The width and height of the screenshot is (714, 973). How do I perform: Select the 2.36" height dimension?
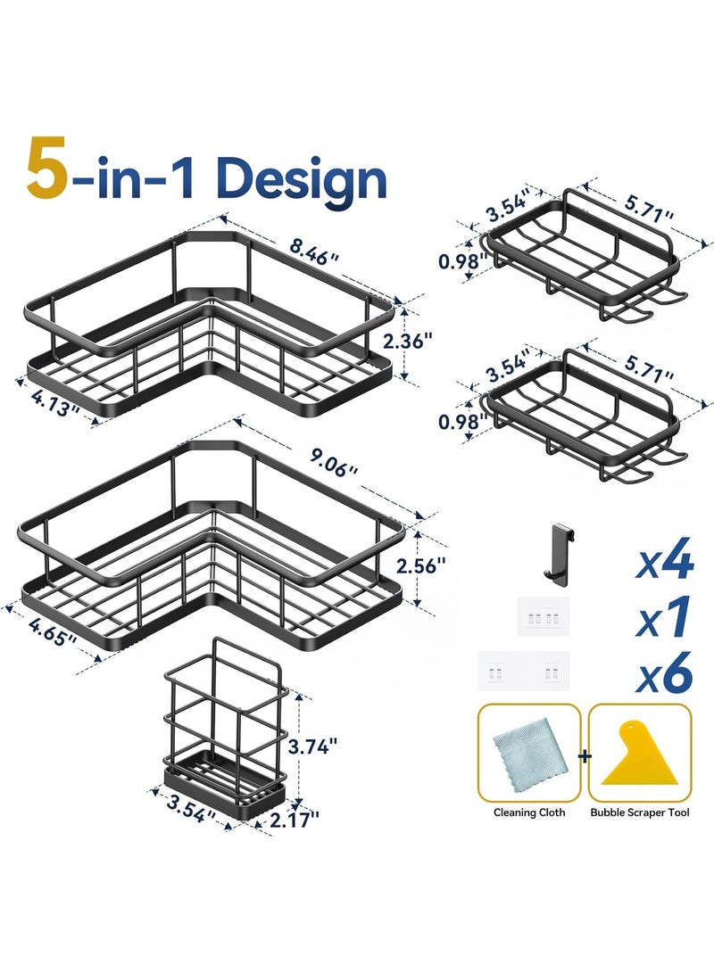435,340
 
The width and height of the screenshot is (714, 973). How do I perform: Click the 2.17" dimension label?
294,817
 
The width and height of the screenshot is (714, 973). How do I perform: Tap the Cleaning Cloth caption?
529,812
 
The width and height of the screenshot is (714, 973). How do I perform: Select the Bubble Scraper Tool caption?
640,812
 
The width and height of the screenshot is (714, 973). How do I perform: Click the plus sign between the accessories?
585,756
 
